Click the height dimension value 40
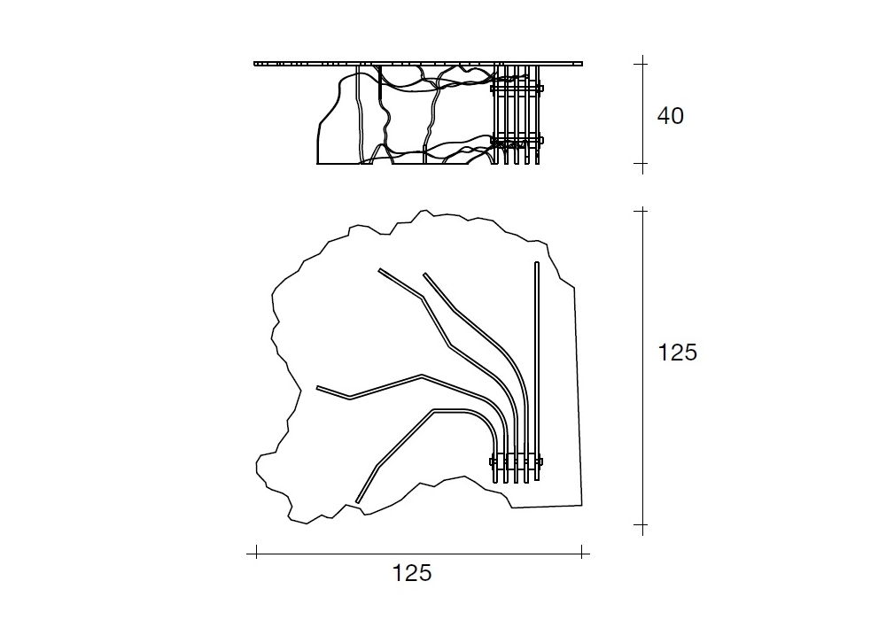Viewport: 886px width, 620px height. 670,116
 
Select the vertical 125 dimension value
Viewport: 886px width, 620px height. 678,353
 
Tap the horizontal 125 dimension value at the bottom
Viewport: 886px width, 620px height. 412,572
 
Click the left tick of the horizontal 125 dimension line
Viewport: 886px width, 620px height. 257,554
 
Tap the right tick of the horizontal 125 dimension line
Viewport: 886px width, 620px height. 582,554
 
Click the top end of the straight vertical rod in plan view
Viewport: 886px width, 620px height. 537,262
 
